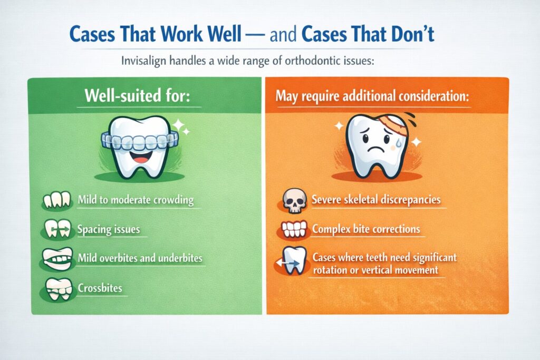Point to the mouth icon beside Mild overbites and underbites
click(56, 259)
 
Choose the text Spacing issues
click(109, 231)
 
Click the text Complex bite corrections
click(365, 230)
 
